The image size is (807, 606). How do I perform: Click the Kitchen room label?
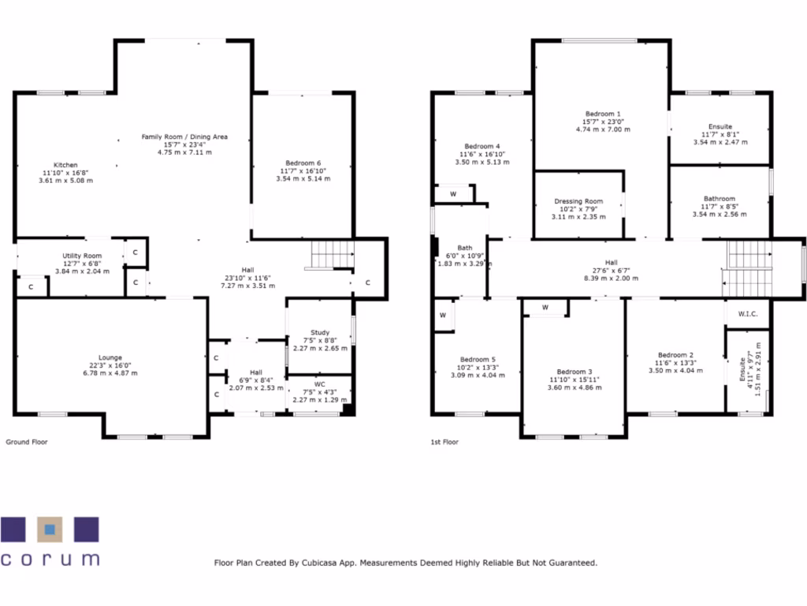pos(65,165)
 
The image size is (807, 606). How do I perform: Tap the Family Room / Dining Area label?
pos(184,137)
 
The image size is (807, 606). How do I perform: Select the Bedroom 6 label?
pos(303,163)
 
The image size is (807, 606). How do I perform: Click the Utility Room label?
pos(82,256)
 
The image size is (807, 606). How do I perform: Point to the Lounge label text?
pos(110,357)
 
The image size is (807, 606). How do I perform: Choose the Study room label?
pos(319,333)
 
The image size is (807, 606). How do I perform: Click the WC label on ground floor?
pos(319,384)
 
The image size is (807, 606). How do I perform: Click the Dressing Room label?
pos(578,202)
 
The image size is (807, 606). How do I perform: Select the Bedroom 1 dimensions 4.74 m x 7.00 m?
pos(603,129)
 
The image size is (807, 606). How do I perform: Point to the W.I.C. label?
pos(748,314)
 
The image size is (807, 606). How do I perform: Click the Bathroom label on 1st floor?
pos(720,199)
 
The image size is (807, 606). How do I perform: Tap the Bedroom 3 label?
pos(574,372)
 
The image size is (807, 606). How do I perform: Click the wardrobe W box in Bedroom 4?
pos(453,193)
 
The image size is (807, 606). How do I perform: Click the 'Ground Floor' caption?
pos(27,442)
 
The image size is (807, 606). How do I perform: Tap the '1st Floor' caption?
pos(445,442)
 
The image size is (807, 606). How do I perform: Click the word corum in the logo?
pos(50,559)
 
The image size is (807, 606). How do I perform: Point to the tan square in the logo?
pos(50,529)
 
